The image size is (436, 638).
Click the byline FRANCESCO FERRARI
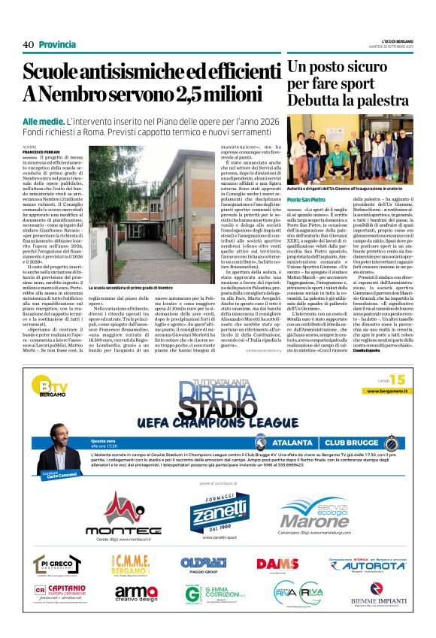tap(39, 151)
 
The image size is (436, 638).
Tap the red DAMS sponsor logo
tap(277, 564)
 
